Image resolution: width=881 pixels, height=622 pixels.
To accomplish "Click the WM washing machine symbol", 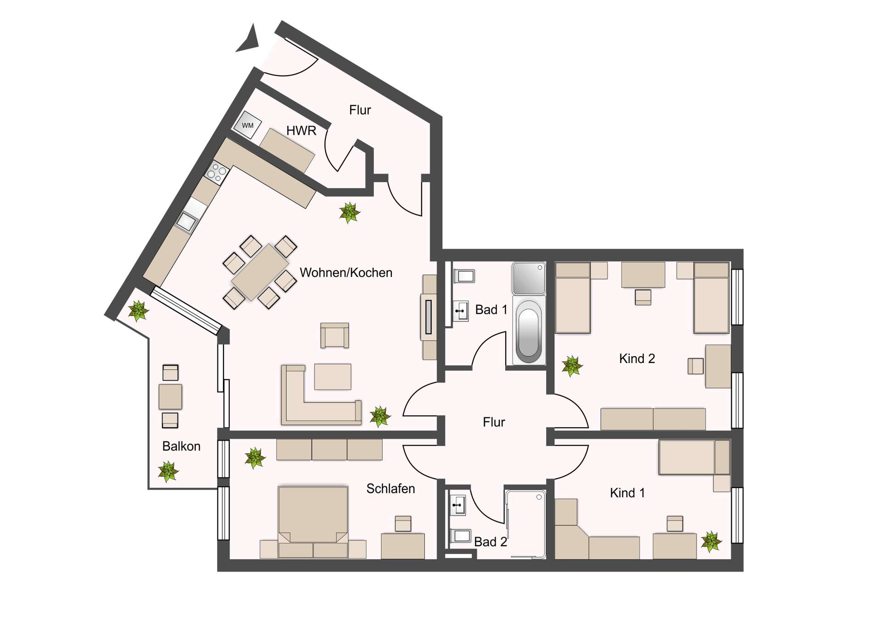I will pyautogui.click(x=248, y=125).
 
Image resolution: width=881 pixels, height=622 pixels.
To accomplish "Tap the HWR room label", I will pyautogui.click(x=301, y=131).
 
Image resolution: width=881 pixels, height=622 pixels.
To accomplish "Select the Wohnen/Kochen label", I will pyautogui.click(x=346, y=273).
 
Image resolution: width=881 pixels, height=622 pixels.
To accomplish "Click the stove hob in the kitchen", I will pyautogui.click(x=217, y=172).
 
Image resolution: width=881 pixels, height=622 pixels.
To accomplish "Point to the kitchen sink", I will pyautogui.click(x=186, y=222).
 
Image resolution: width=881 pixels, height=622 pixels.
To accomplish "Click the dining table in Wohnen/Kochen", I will pyautogui.click(x=260, y=272).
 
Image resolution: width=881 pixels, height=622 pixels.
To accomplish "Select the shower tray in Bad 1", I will pyautogui.click(x=528, y=278).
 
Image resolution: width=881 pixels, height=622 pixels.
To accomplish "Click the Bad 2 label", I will pyautogui.click(x=491, y=542).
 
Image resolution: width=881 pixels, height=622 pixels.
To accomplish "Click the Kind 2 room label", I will pyautogui.click(x=637, y=358).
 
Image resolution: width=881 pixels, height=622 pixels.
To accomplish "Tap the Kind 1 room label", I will pyautogui.click(x=627, y=493).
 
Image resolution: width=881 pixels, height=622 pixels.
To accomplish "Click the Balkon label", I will pyautogui.click(x=181, y=446).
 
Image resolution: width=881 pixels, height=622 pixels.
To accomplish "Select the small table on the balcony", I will pyautogui.click(x=170, y=396).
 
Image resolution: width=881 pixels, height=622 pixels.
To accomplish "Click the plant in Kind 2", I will pyautogui.click(x=572, y=366).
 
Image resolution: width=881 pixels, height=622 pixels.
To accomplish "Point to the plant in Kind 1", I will pyautogui.click(x=711, y=541).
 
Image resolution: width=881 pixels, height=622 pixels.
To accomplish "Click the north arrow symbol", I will pyautogui.click(x=249, y=39).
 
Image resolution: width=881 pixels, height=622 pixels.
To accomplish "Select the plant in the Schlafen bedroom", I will pyautogui.click(x=255, y=458).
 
